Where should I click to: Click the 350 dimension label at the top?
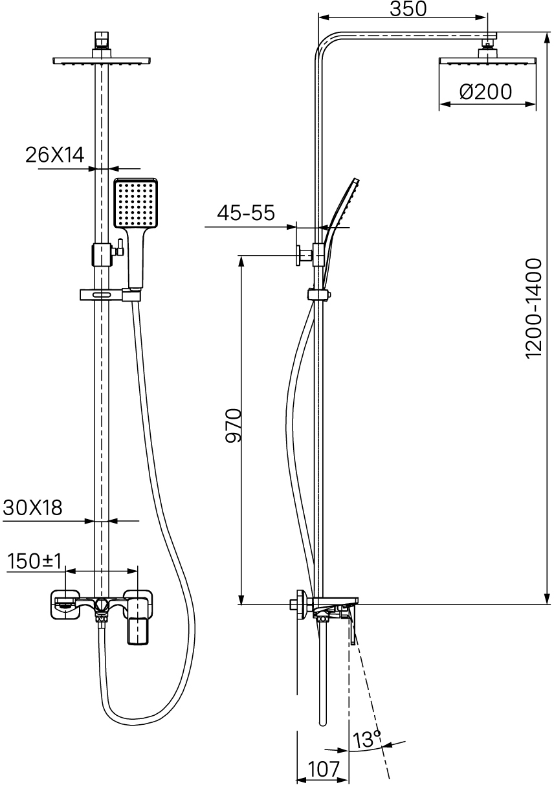point(408,9)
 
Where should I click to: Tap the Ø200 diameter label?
point(485,92)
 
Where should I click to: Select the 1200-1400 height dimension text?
point(534,308)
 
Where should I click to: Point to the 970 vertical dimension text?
point(233,425)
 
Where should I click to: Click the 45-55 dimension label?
point(245,213)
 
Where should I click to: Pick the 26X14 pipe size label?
point(55,155)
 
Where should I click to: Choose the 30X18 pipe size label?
point(32,507)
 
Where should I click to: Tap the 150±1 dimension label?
point(34,561)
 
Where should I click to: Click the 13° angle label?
point(366,738)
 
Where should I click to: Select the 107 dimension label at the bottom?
point(324,769)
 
